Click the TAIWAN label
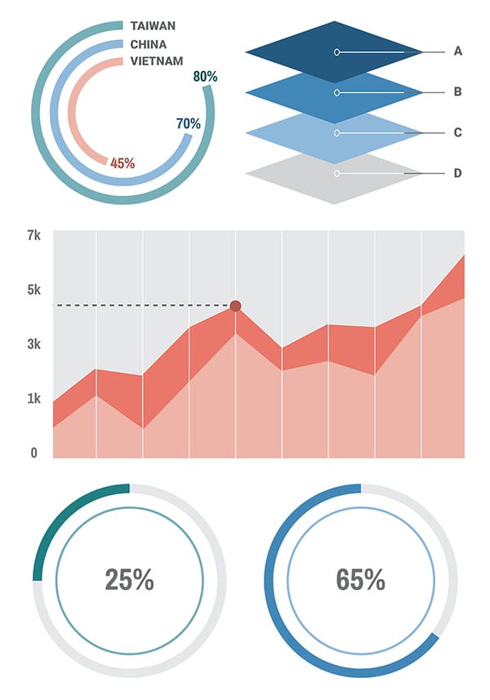(x=153, y=26)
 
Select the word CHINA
(x=148, y=44)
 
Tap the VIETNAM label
(x=156, y=61)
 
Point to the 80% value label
(x=205, y=77)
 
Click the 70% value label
(x=189, y=124)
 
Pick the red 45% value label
(x=122, y=163)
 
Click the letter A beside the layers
(x=458, y=51)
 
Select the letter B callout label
(x=458, y=91)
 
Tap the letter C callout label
(x=458, y=132)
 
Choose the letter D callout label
(x=458, y=173)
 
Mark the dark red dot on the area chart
(x=235, y=306)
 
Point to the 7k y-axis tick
(x=33, y=235)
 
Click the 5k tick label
(x=33, y=290)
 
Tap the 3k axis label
(x=33, y=345)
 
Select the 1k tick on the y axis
(x=33, y=399)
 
